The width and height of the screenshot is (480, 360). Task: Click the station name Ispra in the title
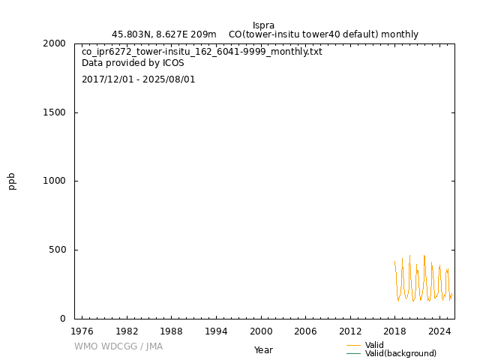pos(263,25)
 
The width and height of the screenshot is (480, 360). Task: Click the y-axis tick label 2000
pos(54,43)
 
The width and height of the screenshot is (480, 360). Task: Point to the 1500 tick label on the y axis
pos(54,112)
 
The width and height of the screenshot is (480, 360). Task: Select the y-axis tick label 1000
pos(54,181)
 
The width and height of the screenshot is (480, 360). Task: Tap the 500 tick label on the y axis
pos(57,250)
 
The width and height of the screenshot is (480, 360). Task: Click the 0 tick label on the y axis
pos(63,319)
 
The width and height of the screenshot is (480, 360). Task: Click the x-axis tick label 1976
pos(82,331)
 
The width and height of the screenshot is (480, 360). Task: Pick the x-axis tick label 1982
pos(127,331)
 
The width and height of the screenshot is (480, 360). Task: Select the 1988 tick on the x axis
pos(171,331)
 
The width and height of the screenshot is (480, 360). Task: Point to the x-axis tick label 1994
pos(216,331)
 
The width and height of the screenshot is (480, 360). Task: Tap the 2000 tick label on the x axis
pos(261,331)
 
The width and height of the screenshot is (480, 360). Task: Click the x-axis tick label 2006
pos(305,331)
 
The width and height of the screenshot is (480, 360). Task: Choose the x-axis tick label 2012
pos(350,331)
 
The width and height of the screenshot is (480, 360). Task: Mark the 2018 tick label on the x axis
pos(395,331)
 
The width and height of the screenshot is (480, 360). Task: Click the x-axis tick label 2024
pos(439,331)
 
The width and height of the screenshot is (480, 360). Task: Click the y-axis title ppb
pos(12,181)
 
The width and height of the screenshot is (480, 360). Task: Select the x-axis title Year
pos(263,350)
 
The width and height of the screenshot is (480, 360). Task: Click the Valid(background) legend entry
pos(400,353)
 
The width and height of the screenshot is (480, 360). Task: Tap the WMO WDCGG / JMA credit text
pos(118,346)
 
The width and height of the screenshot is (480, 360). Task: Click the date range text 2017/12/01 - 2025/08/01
pos(139,79)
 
